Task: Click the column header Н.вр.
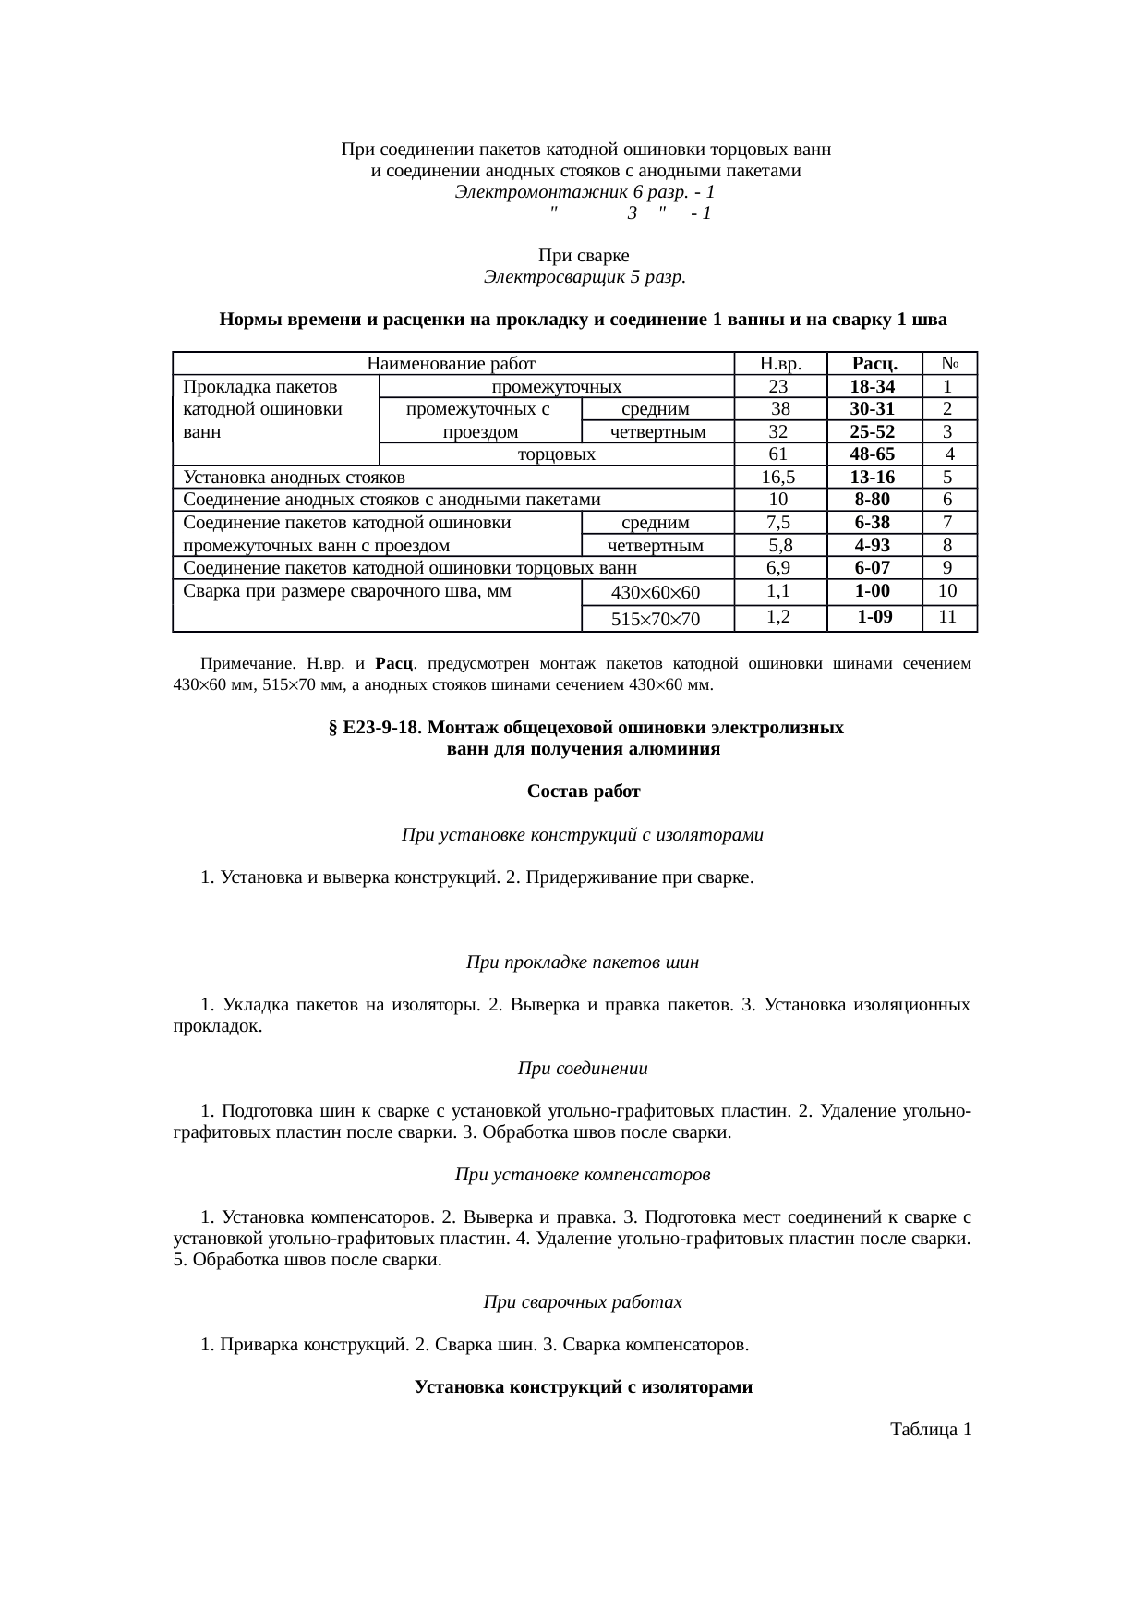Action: [778, 364]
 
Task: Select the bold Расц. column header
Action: [874, 364]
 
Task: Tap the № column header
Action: [948, 364]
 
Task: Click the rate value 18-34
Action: [873, 387]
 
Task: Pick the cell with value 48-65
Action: [873, 454]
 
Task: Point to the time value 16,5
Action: [778, 478]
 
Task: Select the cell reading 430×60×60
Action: [657, 593]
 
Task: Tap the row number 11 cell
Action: [947, 617]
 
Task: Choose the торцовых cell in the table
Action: [556, 454]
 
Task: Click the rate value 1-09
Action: [874, 617]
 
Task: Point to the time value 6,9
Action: [778, 568]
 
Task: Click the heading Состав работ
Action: [584, 792]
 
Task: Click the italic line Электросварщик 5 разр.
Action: [584, 276]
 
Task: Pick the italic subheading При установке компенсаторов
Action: [583, 1175]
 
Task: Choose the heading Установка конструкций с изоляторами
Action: [584, 1387]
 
